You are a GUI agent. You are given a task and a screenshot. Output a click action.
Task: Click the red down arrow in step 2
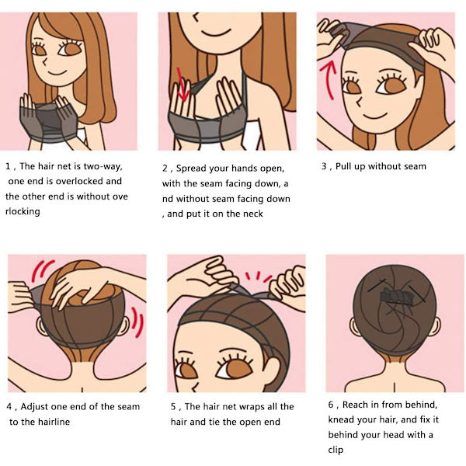tap(182, 85)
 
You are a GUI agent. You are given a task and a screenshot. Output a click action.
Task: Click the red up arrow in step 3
tap(329, 79)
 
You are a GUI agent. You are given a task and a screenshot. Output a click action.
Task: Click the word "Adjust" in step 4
tap(33, 406)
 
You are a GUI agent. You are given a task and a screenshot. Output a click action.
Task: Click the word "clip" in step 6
tap(336, 450)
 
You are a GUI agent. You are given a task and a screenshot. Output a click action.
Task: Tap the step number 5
tap(173, 407)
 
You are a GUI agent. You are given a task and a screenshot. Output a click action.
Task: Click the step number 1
tap(8, 166)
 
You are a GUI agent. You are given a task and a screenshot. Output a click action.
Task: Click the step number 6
tap(331, 405)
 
